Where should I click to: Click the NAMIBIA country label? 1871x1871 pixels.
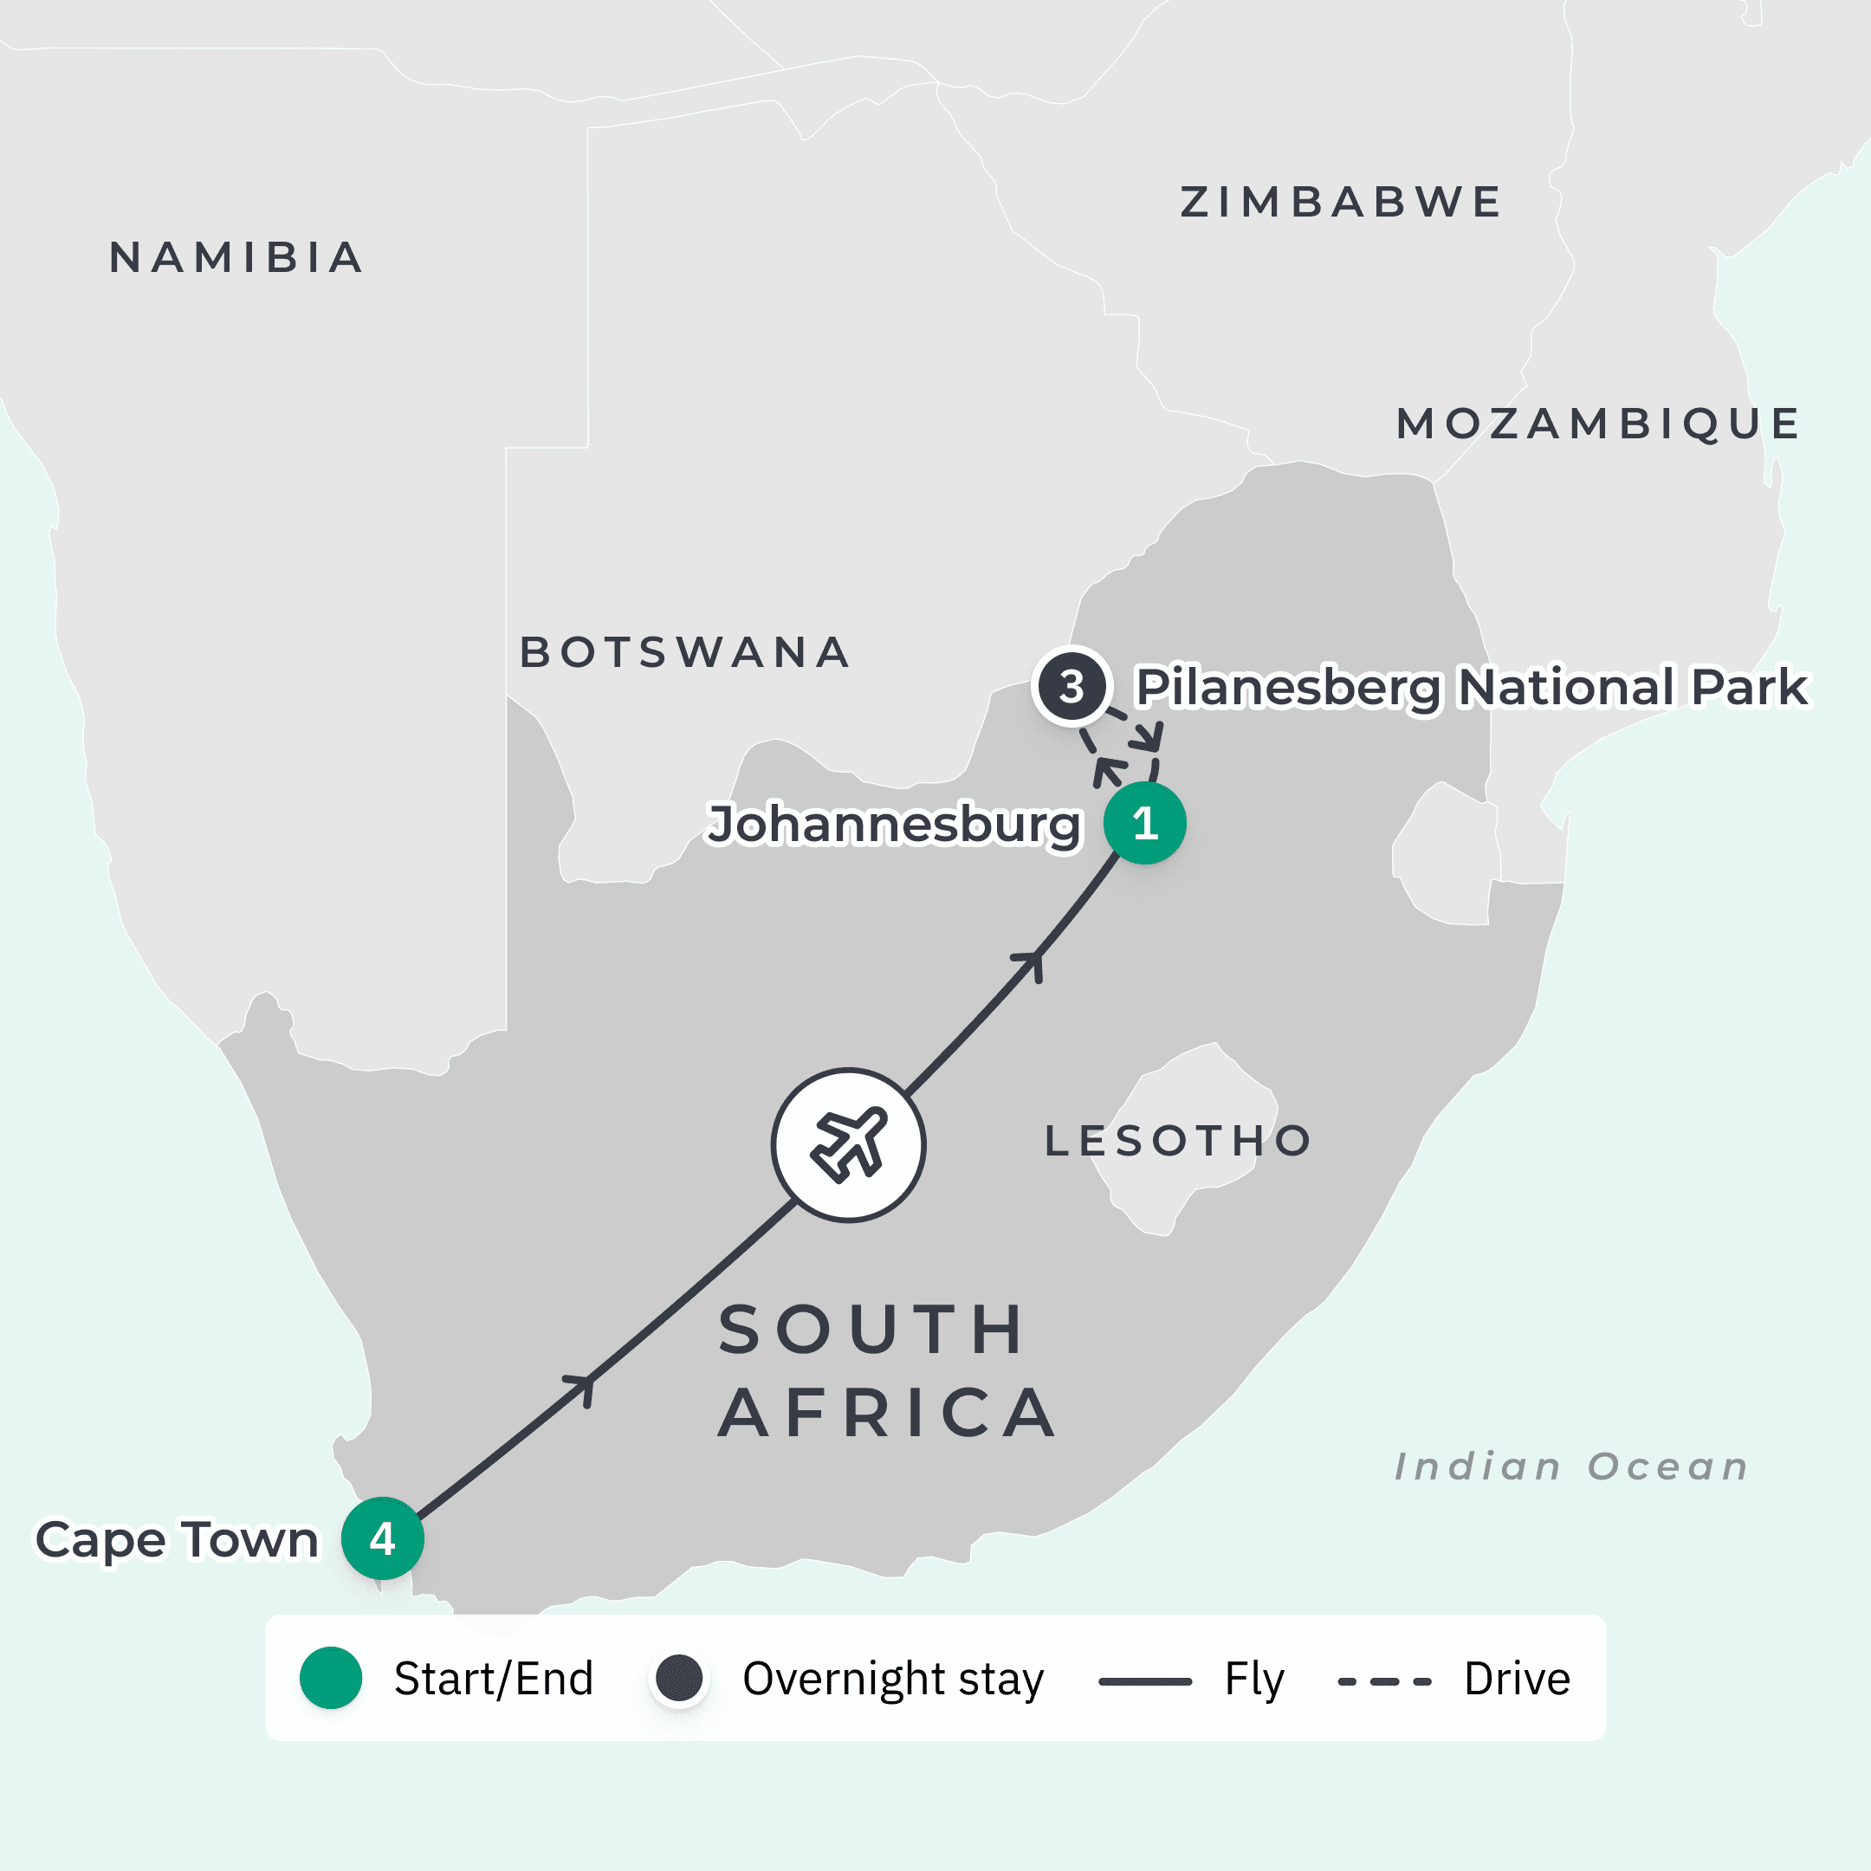pyautogui.click(x=236, y=257)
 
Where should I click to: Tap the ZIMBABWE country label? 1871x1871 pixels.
pyautogui.click(x=1340, y=203)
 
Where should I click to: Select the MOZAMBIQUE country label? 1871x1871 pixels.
pyautogui.click(x=1598, y=424)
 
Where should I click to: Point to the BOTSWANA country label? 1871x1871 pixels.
pyautogui.click(x=684, y=653)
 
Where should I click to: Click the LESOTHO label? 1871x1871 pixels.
pyautogui.click(x=1178, y=1141)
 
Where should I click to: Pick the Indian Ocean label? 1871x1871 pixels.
pyautogui.click(x=1570, y=1466)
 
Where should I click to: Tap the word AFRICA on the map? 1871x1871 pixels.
pyautogui.click(x=887, y=1413)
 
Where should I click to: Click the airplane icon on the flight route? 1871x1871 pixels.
pyautogui.click(x=848, y=1144)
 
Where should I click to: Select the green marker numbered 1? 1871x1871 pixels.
pyautogui.click(x=1144, y=823)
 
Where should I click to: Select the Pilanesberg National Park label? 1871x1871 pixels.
pyautogui.click(x=1470, y=687)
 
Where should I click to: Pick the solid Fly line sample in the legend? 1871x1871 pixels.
pyautogui.click(x=1144, y=1681)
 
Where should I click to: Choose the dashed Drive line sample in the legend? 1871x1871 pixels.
pyautogui.click(x=1384, y=1681)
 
